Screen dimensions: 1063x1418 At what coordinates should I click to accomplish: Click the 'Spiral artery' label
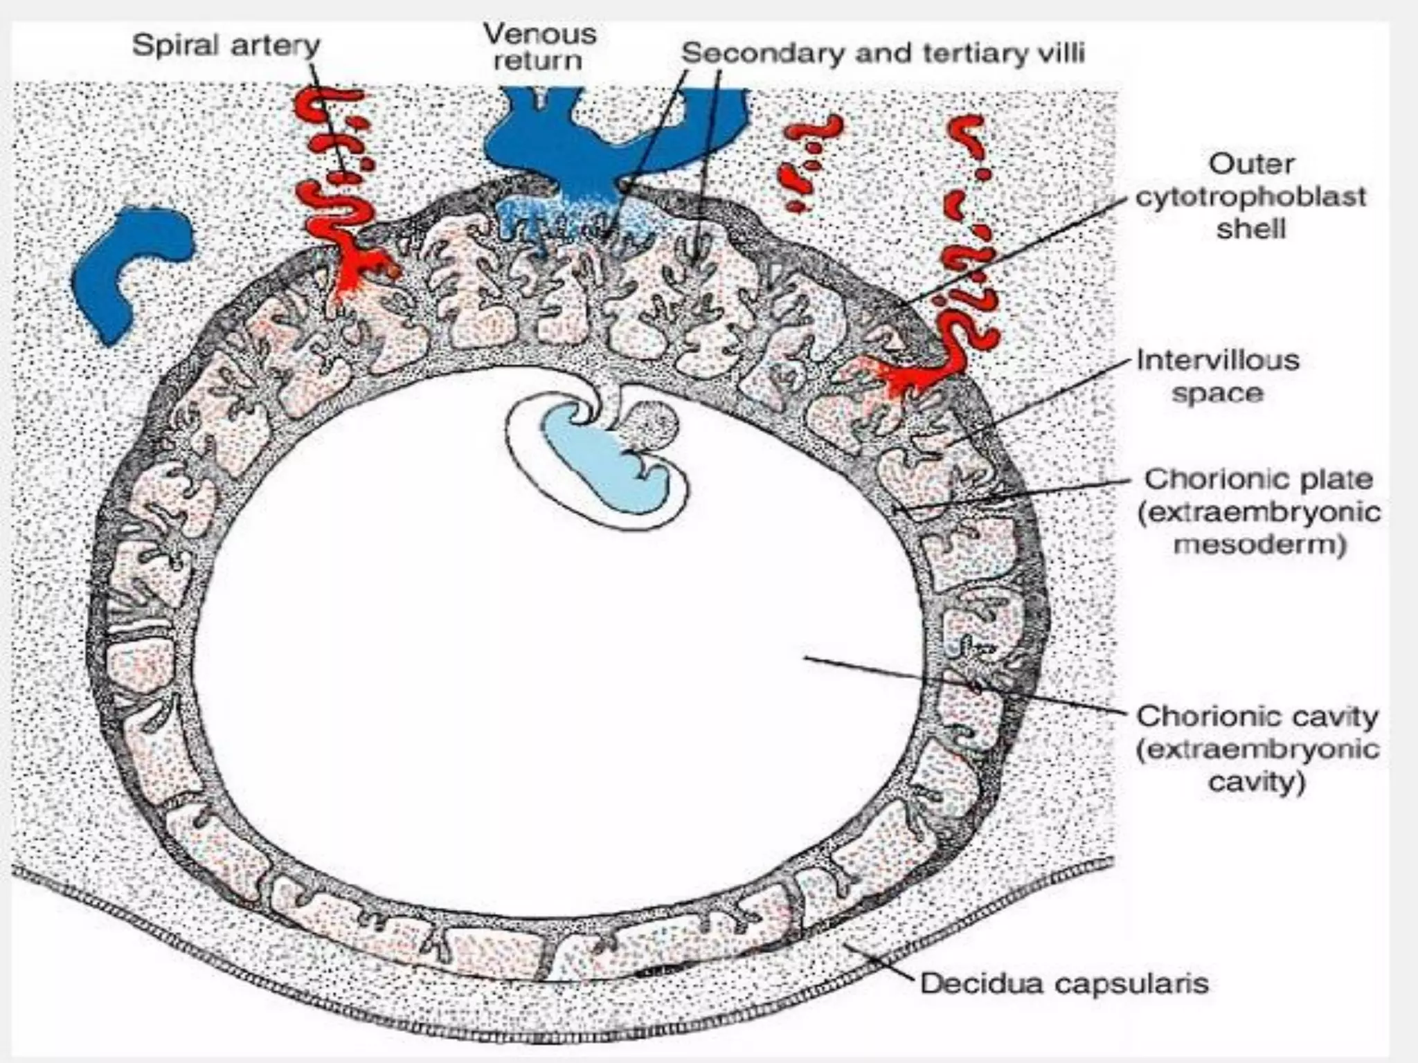pyautogui.click(x=226, y=46)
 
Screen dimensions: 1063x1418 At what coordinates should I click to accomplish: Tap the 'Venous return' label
pyautogui.click(x=539, y=46)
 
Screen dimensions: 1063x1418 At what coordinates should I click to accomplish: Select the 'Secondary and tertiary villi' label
pyautogui.click(x=883, y=53)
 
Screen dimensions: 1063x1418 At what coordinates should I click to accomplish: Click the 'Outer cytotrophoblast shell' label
pyautogui.click(x=1250, y=197)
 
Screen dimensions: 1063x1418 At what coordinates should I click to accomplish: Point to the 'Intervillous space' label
pyautogui.click(x=1218, y=376)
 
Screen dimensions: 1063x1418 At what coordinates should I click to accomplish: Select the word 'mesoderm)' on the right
pyautogui.click(x=1259, y=545)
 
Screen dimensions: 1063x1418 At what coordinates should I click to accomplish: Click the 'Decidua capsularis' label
pyautogui.click(x=1063, y=983)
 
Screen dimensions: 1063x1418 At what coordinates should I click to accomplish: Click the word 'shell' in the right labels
pyautogui.click(x=1250, y=229)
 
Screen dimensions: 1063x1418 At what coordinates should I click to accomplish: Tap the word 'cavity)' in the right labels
pyautogui.click(x=1256, y=783)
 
